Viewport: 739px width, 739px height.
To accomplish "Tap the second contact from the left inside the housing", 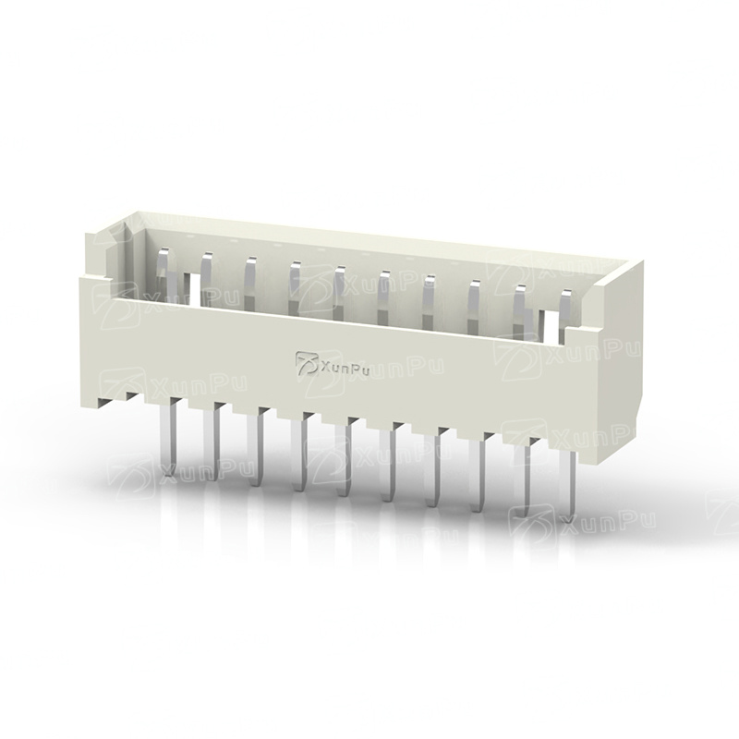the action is click(207, 278).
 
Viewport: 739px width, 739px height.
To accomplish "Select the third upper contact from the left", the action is click(250, 283).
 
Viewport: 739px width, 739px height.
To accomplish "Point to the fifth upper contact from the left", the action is click(340, 293).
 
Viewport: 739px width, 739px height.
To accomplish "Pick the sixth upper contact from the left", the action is click(384, 297).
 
